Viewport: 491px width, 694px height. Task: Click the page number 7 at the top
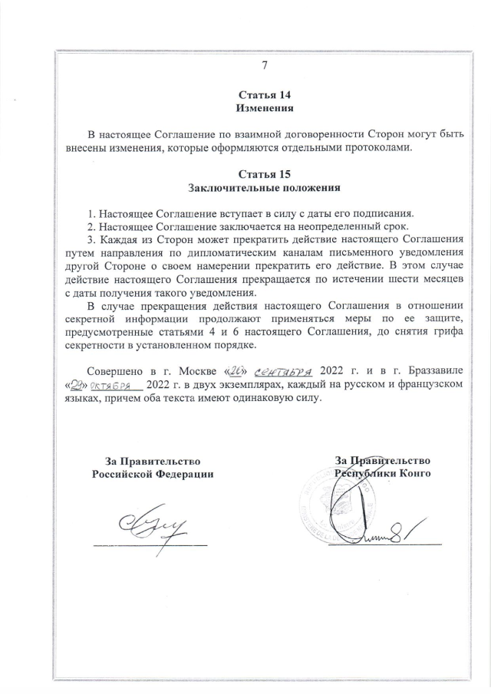pos(265,66)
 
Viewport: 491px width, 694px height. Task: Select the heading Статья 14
pos(265,95)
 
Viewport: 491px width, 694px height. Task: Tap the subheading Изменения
pos(265,109)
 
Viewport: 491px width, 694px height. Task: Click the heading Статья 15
pos(265,173)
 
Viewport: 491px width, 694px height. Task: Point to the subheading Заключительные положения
pos(265,187)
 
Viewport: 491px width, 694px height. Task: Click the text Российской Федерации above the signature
pos(153,474)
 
